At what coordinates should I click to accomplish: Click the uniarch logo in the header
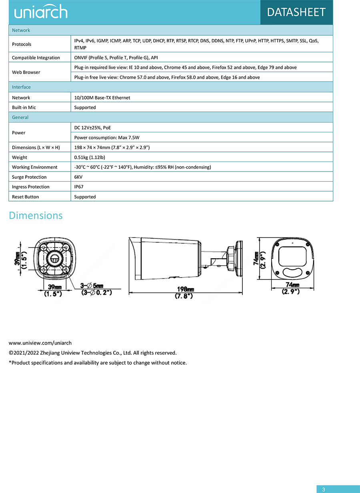point(41,12)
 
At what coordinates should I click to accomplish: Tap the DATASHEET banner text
point(296,12)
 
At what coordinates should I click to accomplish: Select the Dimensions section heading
point(36,216)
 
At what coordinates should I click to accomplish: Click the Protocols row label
point(22,44)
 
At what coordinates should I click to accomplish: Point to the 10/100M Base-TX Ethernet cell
point(102,98)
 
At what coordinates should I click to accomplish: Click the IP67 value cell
point(79,187)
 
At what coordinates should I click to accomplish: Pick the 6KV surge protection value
point(78,177)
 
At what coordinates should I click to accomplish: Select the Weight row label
point(20,158)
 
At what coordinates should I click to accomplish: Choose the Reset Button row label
point(26,197)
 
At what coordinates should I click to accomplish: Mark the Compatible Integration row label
point(36,58)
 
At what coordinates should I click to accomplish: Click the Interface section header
point(21,87)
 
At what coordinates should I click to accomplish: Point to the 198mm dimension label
point(186,289)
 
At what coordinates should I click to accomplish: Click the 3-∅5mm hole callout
point(92,285)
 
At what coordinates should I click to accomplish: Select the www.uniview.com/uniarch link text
point(40,343)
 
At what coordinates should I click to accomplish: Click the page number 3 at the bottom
point(324,489)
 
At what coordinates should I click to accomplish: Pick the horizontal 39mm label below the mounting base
point(55,287)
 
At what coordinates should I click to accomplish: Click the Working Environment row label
point(34,167)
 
